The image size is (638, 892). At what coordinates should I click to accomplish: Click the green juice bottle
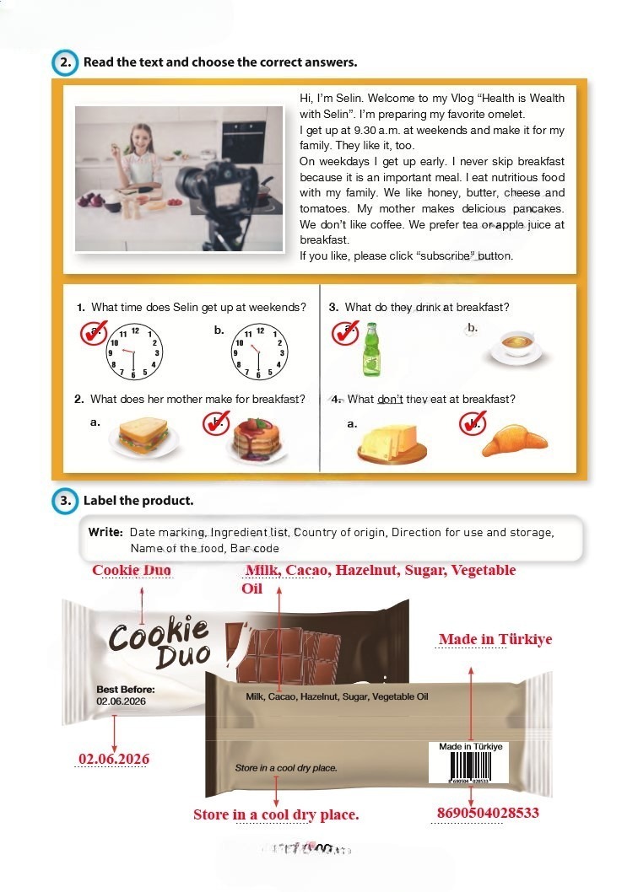click(371, 349)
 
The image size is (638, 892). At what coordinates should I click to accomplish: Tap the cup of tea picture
click(516, 347)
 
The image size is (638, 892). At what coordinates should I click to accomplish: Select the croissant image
click(514, 440)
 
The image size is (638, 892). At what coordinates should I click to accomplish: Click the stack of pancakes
click(257, 440)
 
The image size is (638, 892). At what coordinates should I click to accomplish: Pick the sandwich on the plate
click(144, 438)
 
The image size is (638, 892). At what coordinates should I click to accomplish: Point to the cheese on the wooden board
click(392, 443)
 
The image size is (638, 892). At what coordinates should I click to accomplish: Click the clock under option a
click(134, 352)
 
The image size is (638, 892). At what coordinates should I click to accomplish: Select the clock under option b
click(259, 352)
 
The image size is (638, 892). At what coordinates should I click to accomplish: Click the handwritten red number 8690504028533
click(488, 813)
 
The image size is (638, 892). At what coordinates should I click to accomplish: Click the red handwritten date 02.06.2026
click(114, 759)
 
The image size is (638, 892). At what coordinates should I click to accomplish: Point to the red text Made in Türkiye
click(495, 639)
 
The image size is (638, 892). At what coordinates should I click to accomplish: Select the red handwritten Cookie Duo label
click(132, 570)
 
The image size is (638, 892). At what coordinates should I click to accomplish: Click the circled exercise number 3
click(65, 501)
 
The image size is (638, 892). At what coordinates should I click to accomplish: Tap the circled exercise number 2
click(65, 62)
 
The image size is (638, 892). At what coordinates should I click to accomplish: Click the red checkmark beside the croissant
click(473, 423)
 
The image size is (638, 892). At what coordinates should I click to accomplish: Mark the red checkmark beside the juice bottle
click(345, 333)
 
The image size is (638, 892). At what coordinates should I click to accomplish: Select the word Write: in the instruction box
click(105, 533)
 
